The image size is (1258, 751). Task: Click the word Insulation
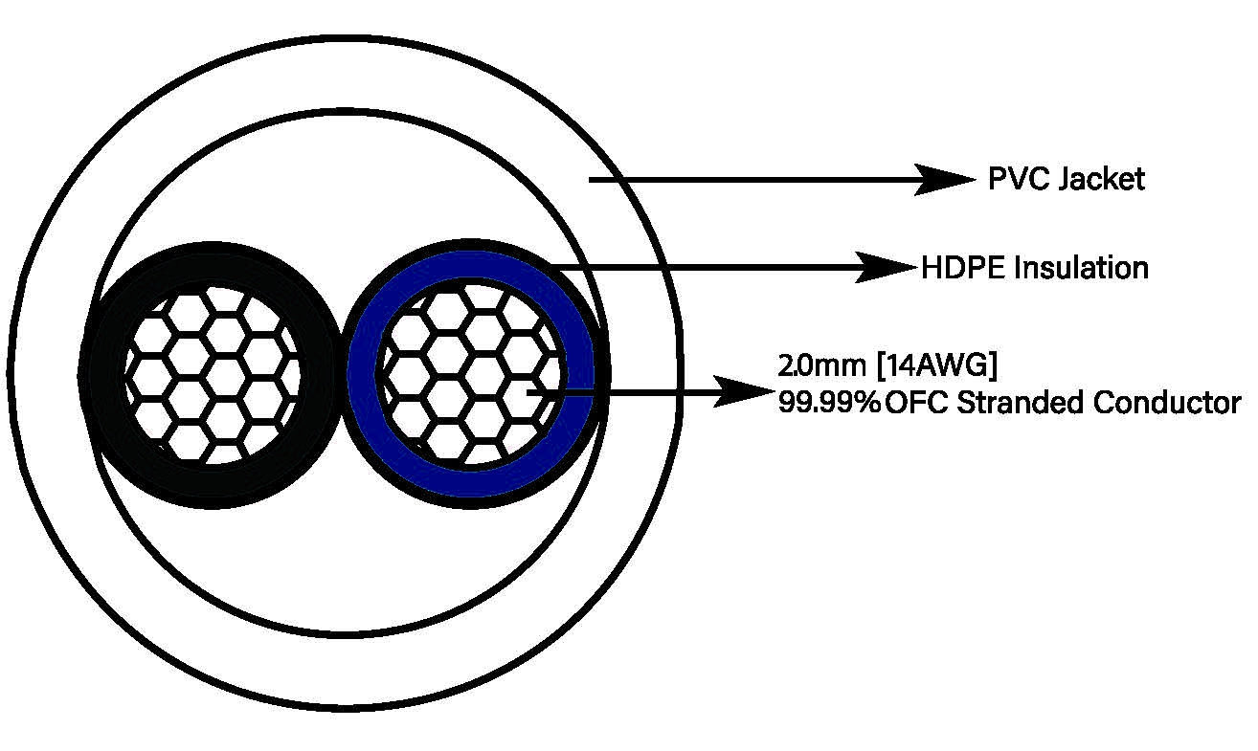[1082, 268]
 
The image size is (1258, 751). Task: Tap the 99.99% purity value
[829, 403]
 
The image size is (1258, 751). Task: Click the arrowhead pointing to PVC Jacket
[946, 180]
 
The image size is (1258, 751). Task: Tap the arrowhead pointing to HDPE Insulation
[887, 267]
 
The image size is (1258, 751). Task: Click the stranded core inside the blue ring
[471, 374]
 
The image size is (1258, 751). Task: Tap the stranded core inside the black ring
[212, 375]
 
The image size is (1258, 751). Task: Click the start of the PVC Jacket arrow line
[589, 180]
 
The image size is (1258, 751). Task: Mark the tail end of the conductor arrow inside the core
[528, 392]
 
